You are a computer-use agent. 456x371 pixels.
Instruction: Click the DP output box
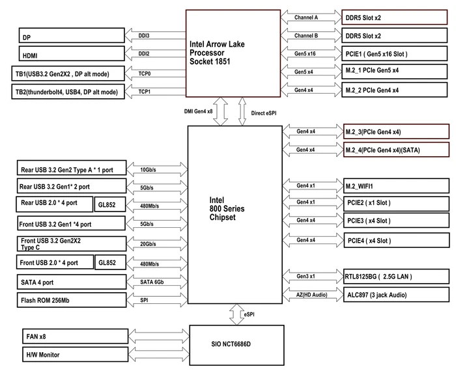point(72,35)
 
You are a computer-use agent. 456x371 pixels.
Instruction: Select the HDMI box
point(72,53)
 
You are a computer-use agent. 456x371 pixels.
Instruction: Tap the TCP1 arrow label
point(144,92)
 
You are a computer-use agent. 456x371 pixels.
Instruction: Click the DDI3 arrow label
point(144,36)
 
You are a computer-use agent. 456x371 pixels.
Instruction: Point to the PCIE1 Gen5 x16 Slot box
point(394,53)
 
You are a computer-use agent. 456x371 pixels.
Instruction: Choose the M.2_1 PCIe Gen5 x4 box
point(394,72)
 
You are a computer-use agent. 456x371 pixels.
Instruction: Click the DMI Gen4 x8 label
point(198,111)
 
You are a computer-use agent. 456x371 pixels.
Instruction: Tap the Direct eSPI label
point(264,113)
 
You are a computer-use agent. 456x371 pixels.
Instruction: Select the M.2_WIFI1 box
point(396,185)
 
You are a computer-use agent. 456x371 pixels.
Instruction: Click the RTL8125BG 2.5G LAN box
point(396,276)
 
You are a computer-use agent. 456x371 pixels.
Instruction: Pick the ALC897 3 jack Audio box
point(396,295)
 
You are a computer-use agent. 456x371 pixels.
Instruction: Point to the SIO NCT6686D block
point(236,345)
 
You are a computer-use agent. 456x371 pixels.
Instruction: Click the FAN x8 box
point(76,336)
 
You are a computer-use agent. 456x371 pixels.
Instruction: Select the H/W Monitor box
point(76,355)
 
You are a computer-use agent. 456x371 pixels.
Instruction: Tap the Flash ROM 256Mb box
point(72,300)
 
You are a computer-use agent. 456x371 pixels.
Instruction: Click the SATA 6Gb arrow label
point(152,282)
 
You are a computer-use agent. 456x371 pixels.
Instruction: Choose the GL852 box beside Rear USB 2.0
point(110,204)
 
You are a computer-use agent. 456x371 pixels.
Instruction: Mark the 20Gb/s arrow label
point(148,244)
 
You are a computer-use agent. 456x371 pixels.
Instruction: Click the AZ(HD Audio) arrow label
point(312,295)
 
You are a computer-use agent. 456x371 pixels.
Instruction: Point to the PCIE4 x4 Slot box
point(396,240)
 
